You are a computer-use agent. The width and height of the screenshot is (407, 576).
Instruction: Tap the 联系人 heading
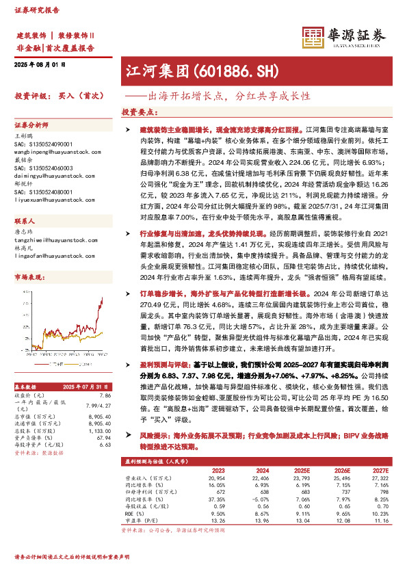[25, 222]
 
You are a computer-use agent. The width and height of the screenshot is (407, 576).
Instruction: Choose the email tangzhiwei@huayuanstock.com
[47, 239]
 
